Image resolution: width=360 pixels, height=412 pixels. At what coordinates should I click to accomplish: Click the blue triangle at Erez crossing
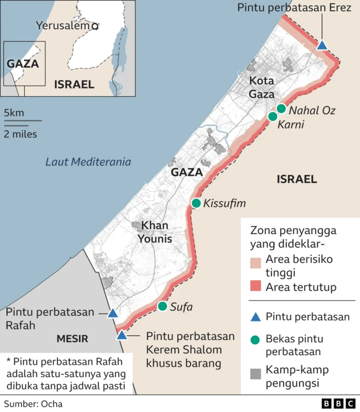[x=322, y=45]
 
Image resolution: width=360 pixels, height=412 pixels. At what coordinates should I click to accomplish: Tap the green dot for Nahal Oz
[x=281, y=109]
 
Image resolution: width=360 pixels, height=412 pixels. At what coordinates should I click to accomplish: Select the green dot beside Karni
[x=273, y=117]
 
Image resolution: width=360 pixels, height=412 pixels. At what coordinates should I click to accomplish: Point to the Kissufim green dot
[x=196, y=203]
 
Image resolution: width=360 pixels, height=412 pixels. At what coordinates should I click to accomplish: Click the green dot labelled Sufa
[x=163, y=306]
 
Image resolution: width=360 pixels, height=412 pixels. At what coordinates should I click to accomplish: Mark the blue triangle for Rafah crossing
[x=112, y=313]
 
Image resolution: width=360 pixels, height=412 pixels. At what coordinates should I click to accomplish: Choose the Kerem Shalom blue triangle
[x=121, y=335]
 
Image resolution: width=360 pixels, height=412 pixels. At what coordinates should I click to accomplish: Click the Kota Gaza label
[x=262, y=87]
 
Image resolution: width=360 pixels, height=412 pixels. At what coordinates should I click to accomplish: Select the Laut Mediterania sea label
[x=88, y=162]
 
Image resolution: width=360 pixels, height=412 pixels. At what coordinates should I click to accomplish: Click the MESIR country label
[x=72, y=338]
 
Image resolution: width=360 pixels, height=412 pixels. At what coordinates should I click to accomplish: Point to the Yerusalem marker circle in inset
[x=95, y=26]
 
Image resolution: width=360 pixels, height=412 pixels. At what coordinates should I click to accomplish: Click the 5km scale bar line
[x=22, y=120]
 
